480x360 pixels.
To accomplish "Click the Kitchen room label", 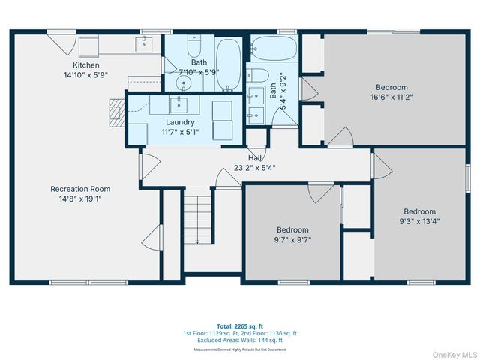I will coord(85,65).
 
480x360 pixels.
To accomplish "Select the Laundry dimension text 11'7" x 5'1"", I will coord(180,131).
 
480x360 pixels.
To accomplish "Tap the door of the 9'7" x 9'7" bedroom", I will coord(320,191).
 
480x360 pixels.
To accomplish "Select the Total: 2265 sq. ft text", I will coord(240,326).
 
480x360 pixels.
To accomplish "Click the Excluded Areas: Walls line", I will coord(240,340).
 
